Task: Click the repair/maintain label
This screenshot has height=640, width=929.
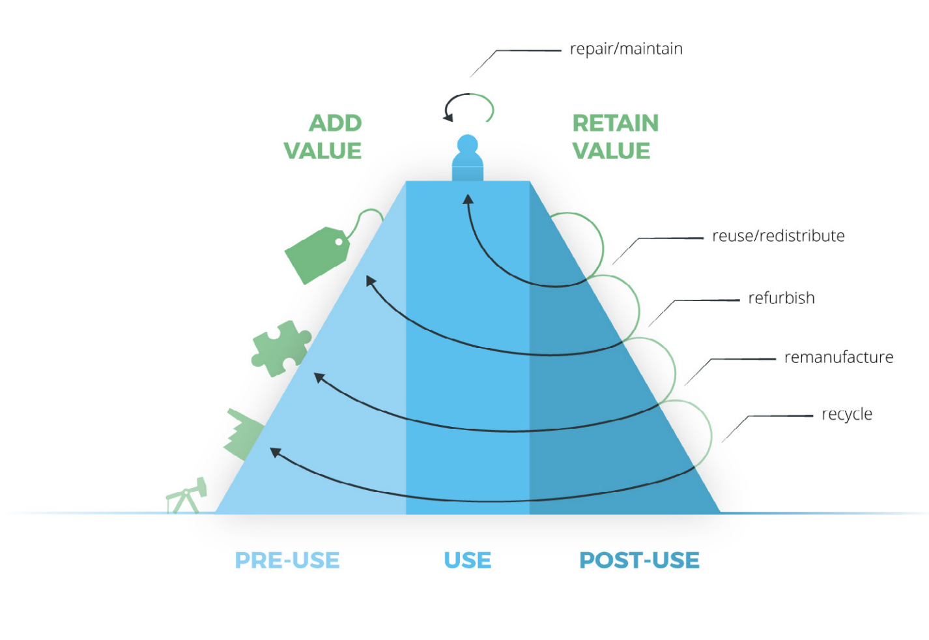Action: pos(625,50)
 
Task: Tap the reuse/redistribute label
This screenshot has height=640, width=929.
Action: pos(778,236)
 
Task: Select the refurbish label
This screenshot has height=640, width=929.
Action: pos(781,298)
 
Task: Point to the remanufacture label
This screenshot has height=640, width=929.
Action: pos(838,357)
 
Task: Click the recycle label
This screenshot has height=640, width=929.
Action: pos(846,414)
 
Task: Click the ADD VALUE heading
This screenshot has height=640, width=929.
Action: pos(324,137)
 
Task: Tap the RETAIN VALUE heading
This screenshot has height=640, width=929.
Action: pos(614,137)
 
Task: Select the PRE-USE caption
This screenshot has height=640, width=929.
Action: pos(287,560)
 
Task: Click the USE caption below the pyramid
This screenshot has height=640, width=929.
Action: pos(467,560)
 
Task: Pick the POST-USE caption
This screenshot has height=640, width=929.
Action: pos(639,560)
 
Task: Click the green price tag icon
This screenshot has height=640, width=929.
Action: pos(318,254)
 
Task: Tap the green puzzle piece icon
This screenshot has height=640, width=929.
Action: pos(280,348)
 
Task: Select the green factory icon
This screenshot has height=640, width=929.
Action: pos(244,433)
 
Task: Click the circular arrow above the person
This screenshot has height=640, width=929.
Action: pos(468,108)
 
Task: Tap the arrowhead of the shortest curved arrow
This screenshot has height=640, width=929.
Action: pos(468,199)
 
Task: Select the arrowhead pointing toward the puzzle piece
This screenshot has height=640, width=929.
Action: pos(319,377)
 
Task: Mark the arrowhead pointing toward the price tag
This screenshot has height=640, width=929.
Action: pos(370,280)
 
